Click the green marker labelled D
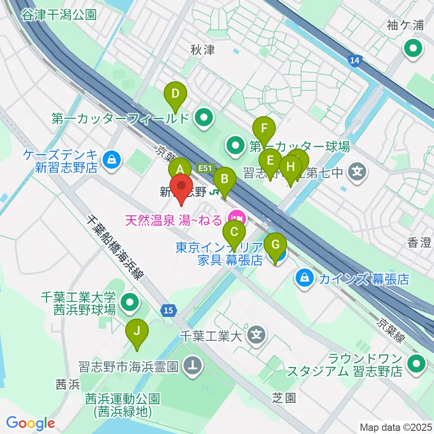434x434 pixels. point(176,95)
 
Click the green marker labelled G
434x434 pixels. point(275,246)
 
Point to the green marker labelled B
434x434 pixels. point(224,179)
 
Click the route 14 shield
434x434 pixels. point(355,61)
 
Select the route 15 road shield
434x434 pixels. point(168,310)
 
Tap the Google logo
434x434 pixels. point(30,424)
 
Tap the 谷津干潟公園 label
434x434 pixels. point(59,15)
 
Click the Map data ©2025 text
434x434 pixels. point(395,427)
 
